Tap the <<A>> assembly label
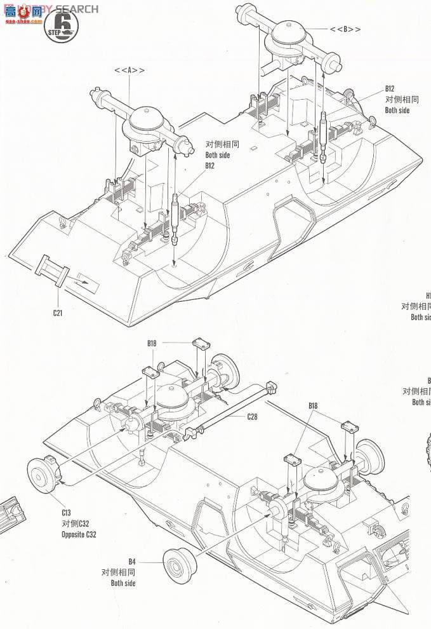click(x=129, y=71)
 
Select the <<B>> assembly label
click(x=345, y=29)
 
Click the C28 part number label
click(x=253, y=417)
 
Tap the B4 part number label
click(x=132, y=561)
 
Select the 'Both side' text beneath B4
click(x=123, y=583)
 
